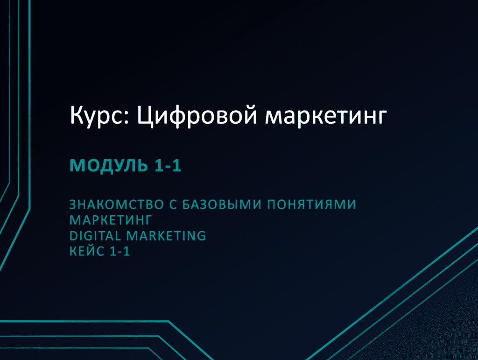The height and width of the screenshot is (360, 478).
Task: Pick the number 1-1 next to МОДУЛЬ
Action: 168,165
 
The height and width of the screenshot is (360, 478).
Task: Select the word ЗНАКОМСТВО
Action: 117,205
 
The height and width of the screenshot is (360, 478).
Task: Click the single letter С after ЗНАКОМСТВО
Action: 173,205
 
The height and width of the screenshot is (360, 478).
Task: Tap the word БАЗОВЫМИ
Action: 222,205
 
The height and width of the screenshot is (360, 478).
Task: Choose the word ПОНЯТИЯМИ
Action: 311,205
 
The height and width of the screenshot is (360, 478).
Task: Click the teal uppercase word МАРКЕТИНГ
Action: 111,220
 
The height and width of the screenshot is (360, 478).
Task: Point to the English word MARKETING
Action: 166,236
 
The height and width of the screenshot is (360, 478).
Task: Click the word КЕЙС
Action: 87,251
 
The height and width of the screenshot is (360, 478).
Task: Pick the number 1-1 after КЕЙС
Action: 119,252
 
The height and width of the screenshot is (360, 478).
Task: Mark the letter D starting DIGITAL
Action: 74,236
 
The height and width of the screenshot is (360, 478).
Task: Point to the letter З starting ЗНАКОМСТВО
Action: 73,205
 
